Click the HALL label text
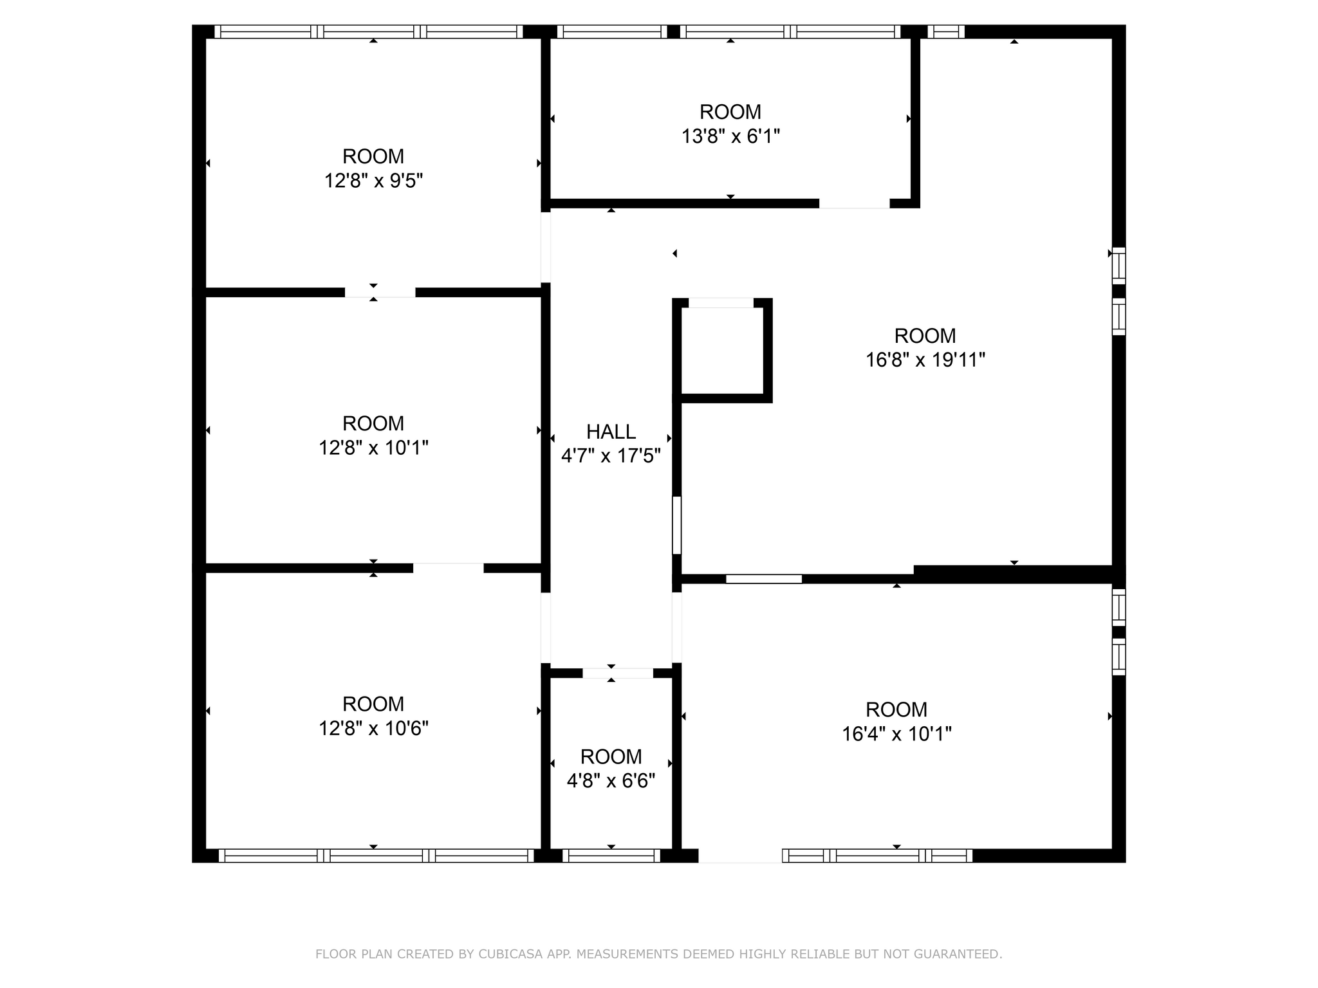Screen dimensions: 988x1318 coord(611,432)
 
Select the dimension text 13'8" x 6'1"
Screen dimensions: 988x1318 coord(730,136)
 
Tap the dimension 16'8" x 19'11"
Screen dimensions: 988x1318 coord(925,360)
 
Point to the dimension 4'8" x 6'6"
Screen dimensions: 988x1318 coord(611,781)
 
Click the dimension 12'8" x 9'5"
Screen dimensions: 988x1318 coord(373,181)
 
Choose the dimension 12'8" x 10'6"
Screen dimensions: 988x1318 coord(373,728)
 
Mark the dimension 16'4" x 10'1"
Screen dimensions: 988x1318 coord(896,734)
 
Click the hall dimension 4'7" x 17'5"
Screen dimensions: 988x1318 coord(611,456)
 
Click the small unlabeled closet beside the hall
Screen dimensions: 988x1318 coord(722,351)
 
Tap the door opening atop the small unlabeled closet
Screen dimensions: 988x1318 coord(721,303)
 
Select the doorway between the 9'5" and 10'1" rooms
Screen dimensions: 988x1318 coord(380,293)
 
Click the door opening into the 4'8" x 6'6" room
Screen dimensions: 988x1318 coord(617,673)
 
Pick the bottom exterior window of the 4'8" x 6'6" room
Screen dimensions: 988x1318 coord(611,855)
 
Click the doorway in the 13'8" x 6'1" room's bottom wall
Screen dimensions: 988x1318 coord(854,204)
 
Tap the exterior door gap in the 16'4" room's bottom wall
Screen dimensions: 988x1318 coord(740,855)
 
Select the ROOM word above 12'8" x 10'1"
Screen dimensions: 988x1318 coord(373,423)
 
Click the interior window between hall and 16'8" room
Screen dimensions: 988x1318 coord(676,525)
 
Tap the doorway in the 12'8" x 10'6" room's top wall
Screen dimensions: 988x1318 coord(448,568)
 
